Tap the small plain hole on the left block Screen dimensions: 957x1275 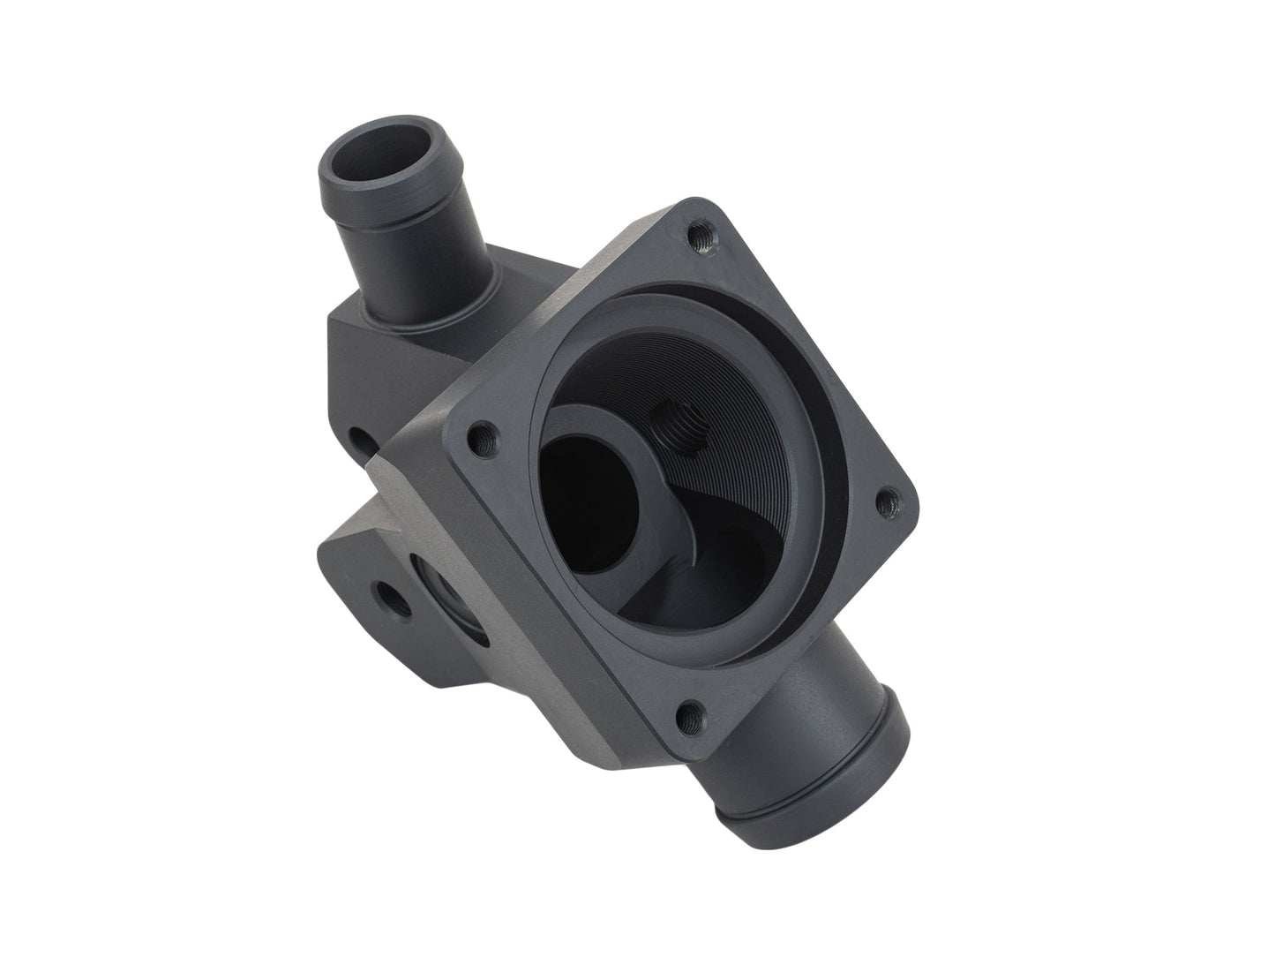tap(359, 439)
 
